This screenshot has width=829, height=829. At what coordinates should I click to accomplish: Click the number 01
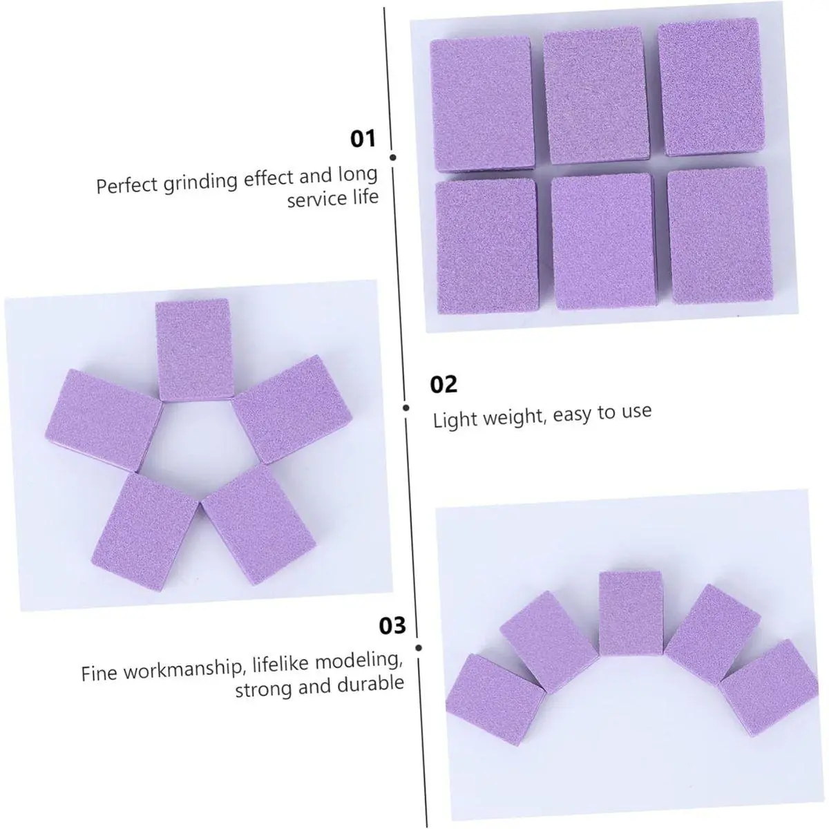point(363,139)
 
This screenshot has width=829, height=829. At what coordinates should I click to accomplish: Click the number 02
point(443,384)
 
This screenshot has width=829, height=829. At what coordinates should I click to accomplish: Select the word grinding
point(201,182)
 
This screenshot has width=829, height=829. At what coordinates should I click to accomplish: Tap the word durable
point(370,684)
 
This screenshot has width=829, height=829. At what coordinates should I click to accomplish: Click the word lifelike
point(280,665)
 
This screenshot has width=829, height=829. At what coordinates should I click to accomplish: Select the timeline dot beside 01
point(393,158)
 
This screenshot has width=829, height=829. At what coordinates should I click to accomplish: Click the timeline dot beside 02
point(406,408)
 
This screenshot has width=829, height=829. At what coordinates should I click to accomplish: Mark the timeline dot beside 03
point(419,647)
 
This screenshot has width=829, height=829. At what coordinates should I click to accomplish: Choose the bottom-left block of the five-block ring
point(144,531)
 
